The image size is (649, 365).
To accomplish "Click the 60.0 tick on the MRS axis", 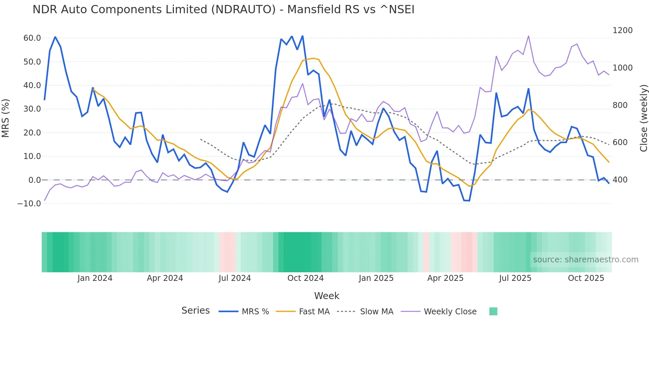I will click(32, 38).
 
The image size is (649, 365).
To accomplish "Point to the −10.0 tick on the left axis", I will click(29, 204).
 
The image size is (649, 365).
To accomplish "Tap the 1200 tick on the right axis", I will click(623, 30).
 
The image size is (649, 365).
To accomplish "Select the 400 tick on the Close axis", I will click(620, 180).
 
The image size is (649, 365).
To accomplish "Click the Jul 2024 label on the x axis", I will click(235, 278).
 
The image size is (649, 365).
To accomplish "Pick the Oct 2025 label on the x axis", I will click(586, 278).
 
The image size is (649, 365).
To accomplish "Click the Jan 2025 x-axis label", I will click(376, 278).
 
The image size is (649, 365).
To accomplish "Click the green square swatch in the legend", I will click(493, 311).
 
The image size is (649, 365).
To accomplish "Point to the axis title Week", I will click(326, 296).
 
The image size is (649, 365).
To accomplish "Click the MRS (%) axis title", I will click(6, 118).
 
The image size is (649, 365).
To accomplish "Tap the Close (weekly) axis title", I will click(643, 118).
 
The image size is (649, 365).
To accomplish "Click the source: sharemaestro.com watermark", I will click(585, 260).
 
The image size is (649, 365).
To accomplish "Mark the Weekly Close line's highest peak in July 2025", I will click(528, 36).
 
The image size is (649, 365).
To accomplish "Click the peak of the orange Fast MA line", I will click(313, 58).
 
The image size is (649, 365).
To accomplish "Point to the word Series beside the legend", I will click(195, 311).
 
